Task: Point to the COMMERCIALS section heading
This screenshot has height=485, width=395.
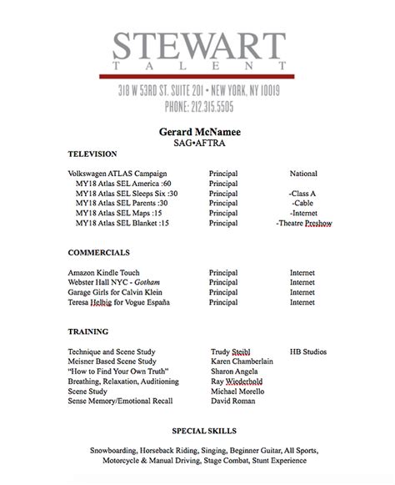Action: (98, 251)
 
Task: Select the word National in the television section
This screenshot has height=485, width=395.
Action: (302, 174)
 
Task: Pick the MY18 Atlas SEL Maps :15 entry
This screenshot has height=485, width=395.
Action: (117, 214)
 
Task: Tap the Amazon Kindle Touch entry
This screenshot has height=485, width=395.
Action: (103, 272)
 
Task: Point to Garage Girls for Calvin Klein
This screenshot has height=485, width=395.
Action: (117, 292)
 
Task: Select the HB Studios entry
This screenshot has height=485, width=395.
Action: (307, 351)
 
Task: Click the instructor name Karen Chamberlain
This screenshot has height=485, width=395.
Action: (247, 361)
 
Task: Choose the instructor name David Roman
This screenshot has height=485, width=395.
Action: (234, 401)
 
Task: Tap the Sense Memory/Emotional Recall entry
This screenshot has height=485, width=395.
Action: (120, 401)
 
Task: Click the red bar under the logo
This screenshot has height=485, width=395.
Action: (197, 77)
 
